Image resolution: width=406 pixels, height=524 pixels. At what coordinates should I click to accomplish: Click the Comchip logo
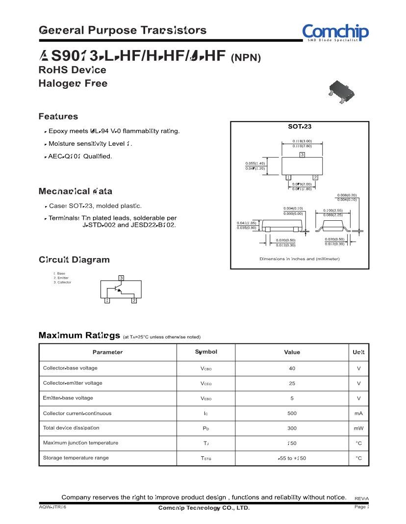(335, 32)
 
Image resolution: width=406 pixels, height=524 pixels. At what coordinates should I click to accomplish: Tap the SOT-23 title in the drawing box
(300, 127)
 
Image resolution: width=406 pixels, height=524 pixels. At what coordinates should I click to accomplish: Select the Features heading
(58, 117)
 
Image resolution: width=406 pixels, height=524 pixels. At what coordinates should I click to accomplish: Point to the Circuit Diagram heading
(74, 260)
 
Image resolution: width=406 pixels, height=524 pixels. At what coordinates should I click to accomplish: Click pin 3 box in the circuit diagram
(121, 278)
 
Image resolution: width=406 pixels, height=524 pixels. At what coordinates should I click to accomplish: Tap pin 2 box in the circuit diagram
(134, 301)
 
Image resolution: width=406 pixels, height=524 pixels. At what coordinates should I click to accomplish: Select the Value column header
(292, 352)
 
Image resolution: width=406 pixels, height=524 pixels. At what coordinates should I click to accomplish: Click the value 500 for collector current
(292, 414)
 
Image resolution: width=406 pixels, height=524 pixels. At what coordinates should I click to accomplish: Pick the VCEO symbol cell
(206, 384)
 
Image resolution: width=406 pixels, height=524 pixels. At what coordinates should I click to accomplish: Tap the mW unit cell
(358, 428)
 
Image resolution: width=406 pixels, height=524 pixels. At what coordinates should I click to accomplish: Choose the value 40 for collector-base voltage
(292, 368)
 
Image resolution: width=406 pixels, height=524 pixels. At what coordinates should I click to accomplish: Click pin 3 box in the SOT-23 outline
(302, 155)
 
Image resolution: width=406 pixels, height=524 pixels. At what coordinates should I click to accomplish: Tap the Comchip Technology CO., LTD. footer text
(204, 508)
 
